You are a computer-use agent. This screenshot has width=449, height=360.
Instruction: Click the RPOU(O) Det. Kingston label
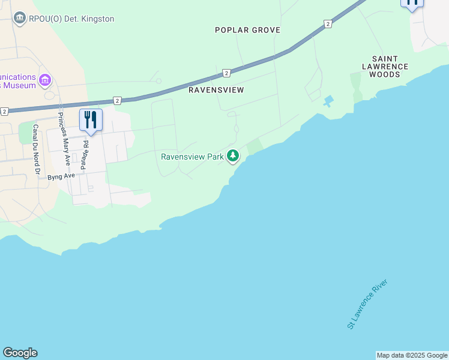(x=71, y=19)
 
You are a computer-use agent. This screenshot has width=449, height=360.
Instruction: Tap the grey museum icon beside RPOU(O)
(x=20, y=19)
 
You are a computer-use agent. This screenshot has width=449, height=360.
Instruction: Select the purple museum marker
(x=44, y=80)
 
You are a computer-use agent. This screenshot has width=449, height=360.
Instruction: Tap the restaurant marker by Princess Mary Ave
(x=91, y=119)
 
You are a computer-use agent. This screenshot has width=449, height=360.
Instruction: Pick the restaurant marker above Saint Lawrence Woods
(x=412, y=2)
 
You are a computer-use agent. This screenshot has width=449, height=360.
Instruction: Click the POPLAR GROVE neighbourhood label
(x=248, y=30)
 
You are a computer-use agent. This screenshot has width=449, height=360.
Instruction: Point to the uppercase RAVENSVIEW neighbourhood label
(x=216, y=90)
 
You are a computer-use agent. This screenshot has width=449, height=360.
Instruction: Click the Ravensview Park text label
(x=192, y=157)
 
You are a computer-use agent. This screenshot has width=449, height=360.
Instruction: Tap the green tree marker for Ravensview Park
(x=233, y=157)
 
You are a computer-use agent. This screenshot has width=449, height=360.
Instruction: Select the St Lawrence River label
(x=368, y=304)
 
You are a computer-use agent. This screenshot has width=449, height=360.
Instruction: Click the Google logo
(x=20, y=353)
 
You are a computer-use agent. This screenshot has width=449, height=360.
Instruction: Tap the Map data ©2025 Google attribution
(x=412, y=355)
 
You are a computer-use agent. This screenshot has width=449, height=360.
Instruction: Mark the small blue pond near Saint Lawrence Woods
(x=328, y=101)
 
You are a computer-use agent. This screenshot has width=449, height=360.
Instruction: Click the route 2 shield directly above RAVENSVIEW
(x=226, y=73)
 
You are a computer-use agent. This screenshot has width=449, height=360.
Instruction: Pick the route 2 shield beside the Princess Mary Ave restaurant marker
(x=117, y=101)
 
